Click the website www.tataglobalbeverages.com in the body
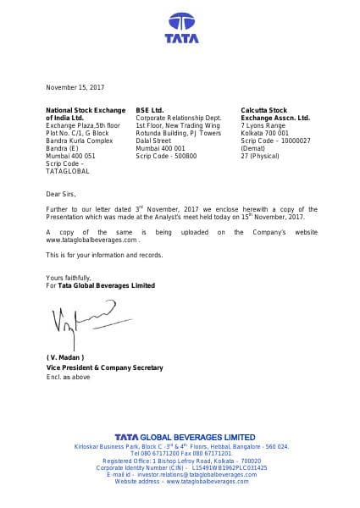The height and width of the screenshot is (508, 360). tap(91, 240)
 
